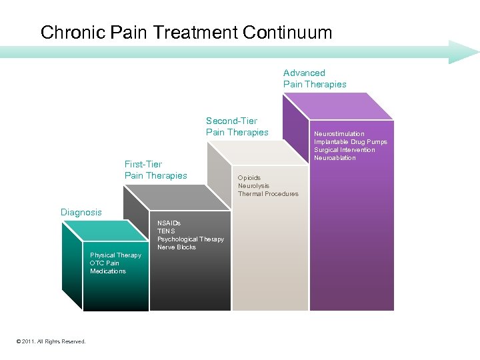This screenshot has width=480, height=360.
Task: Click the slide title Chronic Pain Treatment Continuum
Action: pyautogui.click(x=186, y=33)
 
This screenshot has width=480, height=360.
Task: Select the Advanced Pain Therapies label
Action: pyautogui.click(x=315, y=79)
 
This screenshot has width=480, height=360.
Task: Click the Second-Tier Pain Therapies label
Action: pyautogui.click(x=237, y=127)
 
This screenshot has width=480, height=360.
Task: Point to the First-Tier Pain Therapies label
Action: pyautogui.click(x=155, y=170)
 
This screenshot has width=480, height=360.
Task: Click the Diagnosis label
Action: pyautogui.click(x=81, y=213)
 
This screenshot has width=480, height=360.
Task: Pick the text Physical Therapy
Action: pyautogui.click(x=115, y=255)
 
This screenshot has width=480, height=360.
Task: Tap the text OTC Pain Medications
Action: pyautogui.click(x=108, y=267)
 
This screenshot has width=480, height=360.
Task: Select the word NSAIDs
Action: pyautogui.click(x=169, y=223)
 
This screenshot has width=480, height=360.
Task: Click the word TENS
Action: pyautogui.click(x=166, y=231)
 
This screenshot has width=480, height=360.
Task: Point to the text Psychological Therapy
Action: pyautogui.click(x=190, y=239)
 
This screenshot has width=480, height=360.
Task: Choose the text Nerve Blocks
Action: pyautogui.click(x=176, y=247)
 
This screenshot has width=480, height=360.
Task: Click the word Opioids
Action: pyautogui.click(x=249, y=178)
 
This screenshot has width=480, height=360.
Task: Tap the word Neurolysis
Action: pyautogui.click(x=253, y=186)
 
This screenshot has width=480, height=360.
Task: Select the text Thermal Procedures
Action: pyautogui.click(x=268, y=194)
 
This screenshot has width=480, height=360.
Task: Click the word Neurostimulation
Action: pyautogui.click(x=339, y=134)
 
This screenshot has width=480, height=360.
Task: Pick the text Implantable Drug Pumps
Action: pyautogui.click(x=350, y=142)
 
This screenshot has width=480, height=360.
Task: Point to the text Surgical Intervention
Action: pyautogui.click(x=344, y=150)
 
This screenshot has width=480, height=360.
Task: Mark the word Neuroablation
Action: pyautogui.click(x=335, y=158)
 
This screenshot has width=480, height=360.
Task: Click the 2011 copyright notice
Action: pyautogui.click(x=51, y=341)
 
